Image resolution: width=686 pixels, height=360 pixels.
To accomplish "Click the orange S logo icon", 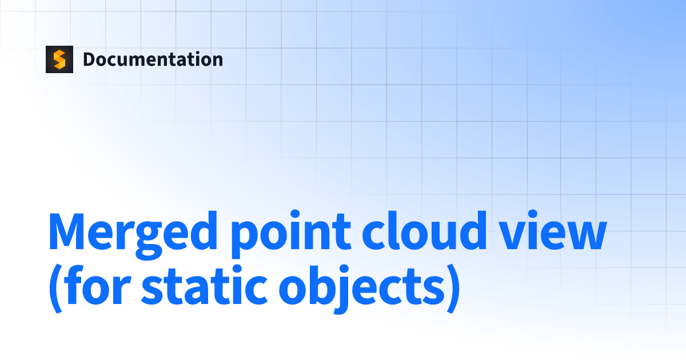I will coord(59,59).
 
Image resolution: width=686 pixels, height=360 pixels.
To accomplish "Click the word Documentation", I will coord(153,59).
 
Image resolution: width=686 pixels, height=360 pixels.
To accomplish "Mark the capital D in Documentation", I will coord(89,59).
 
